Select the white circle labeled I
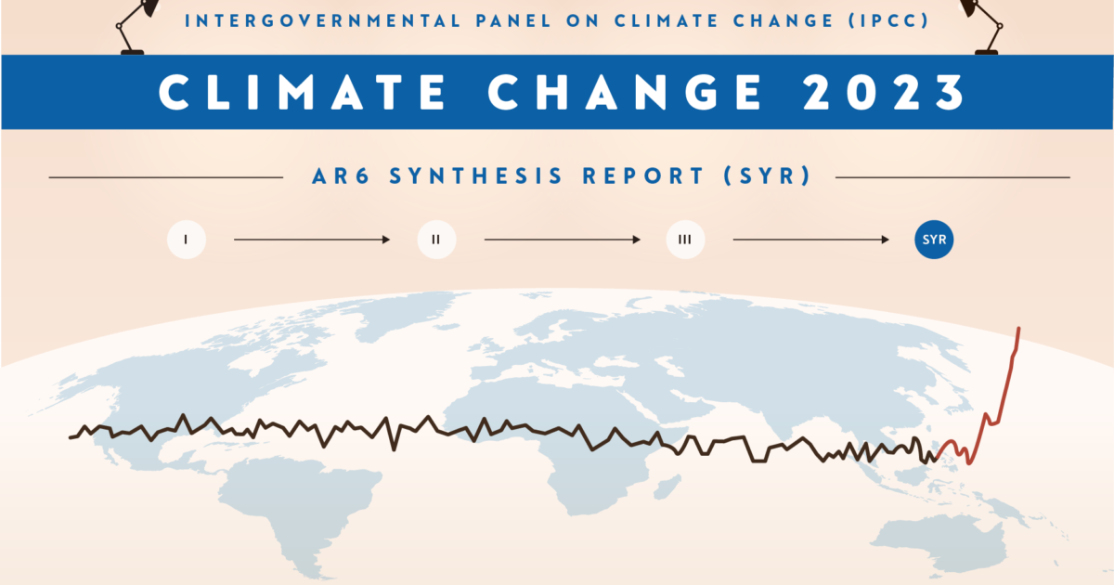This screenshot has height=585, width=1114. coord(186,240)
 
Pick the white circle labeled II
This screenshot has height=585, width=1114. coord(435,240)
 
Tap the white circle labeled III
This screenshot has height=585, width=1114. coord(685,240)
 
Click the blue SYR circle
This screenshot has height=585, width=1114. coord(934,240)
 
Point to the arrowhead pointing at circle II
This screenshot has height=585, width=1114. coord(385,240)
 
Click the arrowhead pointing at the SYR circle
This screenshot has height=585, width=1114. coord(885,240)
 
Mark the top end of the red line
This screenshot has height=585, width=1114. coord(1019,329)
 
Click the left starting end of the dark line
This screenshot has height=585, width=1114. coord(71,436)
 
